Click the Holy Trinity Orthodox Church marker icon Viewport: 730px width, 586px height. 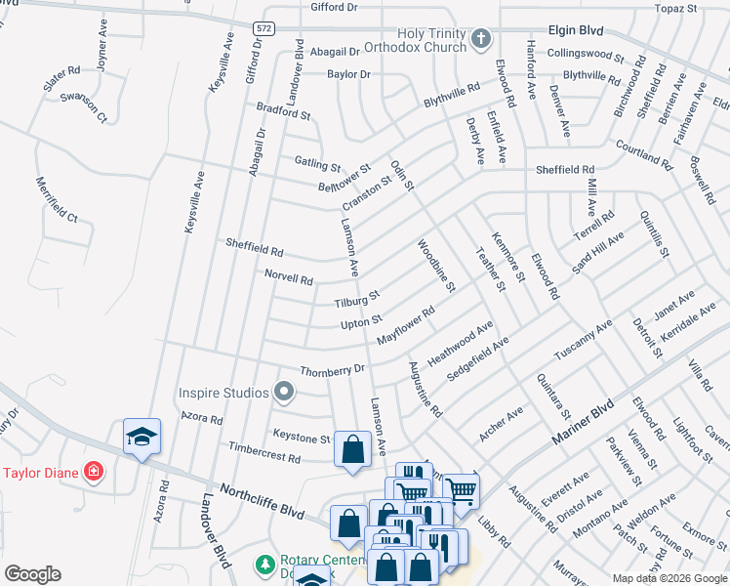[x=479, y=39]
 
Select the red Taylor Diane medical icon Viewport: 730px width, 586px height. [x=93, y=473]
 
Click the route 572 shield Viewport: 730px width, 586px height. [x=264, y=28]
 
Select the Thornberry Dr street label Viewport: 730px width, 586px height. [x=332, y=370]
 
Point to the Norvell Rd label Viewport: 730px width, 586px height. [x=289, y=278]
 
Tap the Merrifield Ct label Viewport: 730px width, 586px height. [x=57, y=199]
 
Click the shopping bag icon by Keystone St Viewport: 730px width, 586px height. [x=352, y=449]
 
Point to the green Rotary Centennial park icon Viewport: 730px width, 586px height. [x=263, y=565]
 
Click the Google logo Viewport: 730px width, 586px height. [x=32, y=573]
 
